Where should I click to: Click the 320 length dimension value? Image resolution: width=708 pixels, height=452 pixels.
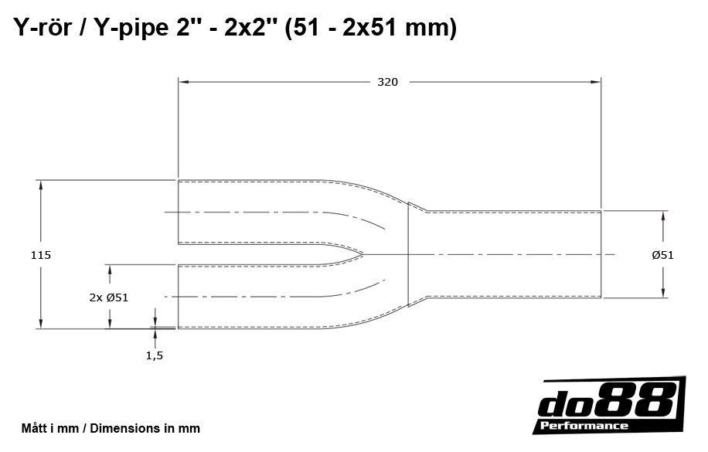pos(387,82)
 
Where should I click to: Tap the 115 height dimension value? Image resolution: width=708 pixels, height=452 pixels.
pos(40,254)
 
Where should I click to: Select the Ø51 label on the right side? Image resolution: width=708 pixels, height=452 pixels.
pos(662,254)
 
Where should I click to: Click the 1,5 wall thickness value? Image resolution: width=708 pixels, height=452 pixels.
pos(155,355)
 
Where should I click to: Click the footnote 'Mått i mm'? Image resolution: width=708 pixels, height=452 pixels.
pos(51,428)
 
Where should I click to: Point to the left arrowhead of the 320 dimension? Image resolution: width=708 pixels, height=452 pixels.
pos(183,81)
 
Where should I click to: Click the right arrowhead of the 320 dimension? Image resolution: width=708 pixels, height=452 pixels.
pos(597,81)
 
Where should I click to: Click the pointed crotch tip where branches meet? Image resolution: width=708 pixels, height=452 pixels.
pos(363,254)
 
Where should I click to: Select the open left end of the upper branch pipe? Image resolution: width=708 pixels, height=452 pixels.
pos(179,212)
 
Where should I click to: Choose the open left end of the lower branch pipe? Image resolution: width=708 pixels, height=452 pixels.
pos(179,297)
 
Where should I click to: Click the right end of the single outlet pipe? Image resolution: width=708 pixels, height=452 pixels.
pos(601,253)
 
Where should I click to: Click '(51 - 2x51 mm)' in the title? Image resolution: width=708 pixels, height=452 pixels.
pos(370,28)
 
